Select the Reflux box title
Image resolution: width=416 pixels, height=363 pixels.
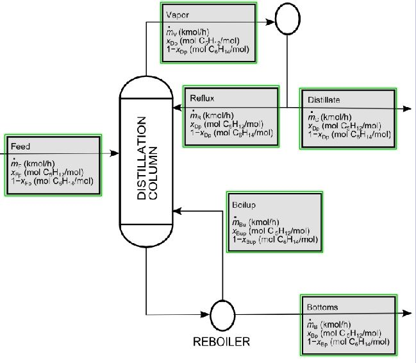[x=203, y=99]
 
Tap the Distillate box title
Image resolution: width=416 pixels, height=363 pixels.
[x=324, y=100]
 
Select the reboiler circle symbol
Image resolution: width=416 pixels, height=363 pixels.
[x=222, y=316]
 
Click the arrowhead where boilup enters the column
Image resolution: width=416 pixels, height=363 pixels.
[x=179, y=210]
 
